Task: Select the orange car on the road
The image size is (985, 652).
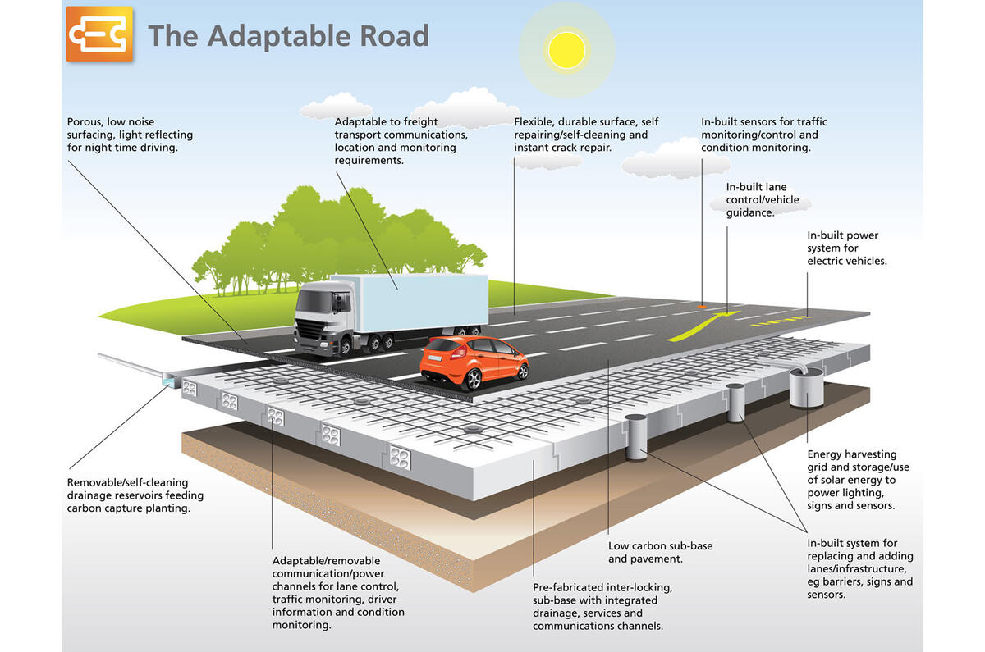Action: point(474,360)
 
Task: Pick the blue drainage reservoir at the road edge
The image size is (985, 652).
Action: point(171,380)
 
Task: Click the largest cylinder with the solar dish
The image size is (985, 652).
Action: point(805,388)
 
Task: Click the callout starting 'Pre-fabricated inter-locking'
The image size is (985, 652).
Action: point(602,607)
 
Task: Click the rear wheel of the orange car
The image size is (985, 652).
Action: point(473,381)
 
